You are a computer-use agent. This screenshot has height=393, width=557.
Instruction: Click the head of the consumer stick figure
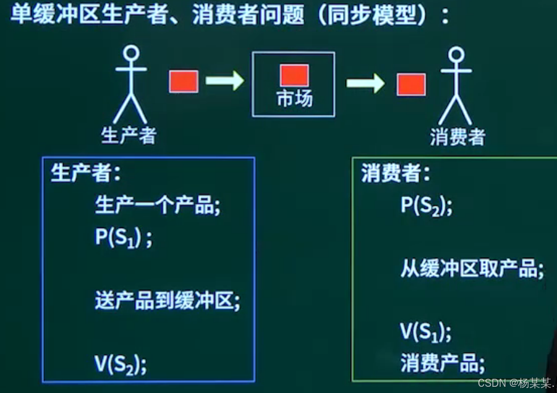pos(456,56)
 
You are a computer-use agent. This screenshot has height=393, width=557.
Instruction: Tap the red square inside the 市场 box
pos(294,75)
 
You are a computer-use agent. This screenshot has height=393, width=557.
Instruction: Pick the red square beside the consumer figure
pos(411,84)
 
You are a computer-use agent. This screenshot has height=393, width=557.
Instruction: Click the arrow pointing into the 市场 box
pos(224,80)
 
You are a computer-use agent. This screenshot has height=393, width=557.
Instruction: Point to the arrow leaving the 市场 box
pos(365,82)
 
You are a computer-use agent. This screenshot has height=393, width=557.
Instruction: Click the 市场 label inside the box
pos(294,99)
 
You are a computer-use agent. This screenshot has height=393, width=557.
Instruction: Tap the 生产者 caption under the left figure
pos(129,135)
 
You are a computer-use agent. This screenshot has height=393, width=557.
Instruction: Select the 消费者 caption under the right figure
pos(457,137)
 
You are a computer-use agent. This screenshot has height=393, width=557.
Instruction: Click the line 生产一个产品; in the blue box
pos(158,205)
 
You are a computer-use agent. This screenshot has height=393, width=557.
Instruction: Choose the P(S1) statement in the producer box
pos(123,239)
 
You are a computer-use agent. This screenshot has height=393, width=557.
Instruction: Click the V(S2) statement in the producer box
pos(121,365)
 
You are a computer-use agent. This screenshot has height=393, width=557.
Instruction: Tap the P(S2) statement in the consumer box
pos(426,205)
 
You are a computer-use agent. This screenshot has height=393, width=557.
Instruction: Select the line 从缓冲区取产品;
pos(472,269)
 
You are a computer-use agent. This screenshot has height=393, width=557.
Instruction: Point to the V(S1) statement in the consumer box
pos(425,332)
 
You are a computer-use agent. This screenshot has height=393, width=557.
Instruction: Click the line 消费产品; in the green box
pos(443,360)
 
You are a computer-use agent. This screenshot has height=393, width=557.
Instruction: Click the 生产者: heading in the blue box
pos(85,174)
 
